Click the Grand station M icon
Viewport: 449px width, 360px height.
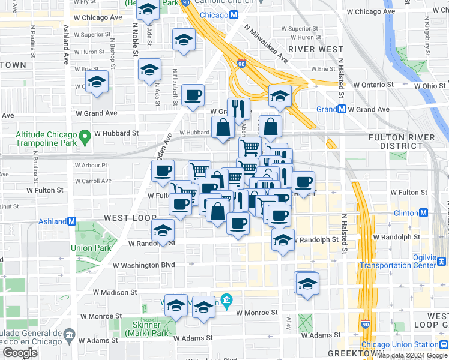(342, 109)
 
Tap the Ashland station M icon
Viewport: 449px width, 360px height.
(72, 221)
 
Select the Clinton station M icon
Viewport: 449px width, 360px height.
(423, 213)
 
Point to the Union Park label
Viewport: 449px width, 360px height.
(90, 248)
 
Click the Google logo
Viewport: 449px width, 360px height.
(20, 353)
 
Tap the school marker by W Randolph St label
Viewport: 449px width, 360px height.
(283, 241)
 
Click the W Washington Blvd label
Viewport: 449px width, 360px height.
(143, 265)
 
